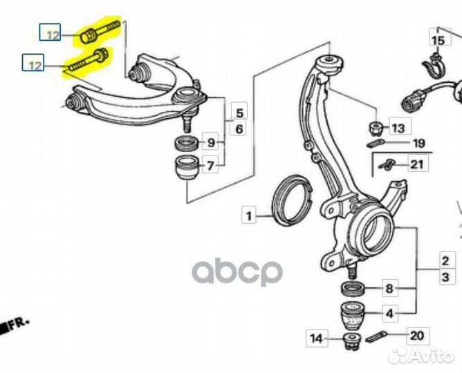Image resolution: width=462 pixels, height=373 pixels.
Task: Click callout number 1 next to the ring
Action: pos(249,215)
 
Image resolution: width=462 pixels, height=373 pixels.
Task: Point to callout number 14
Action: pos(317,338)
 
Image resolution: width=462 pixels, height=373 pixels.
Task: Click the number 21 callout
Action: pos(418,164)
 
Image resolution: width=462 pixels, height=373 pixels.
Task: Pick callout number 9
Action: pos(212,143)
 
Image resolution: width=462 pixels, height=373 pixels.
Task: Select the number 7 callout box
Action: pos(210,165)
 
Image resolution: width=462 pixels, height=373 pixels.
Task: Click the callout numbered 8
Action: pos(390,288)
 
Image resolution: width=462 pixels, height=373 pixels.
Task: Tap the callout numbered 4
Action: pos(390,314)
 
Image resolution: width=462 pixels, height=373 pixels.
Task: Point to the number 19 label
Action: pos(418,143)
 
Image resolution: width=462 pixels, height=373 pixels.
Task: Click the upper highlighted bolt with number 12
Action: pos(100,31)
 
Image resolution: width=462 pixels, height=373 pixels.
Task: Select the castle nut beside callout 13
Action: pos(376,128)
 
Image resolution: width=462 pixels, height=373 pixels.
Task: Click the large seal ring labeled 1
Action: pos(290,200)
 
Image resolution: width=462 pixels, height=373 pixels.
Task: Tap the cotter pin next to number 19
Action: pos(376,143)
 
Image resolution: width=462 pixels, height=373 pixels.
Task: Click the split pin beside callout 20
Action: pos(376,336)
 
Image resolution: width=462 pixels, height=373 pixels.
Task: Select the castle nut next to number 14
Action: pos(353,342)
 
